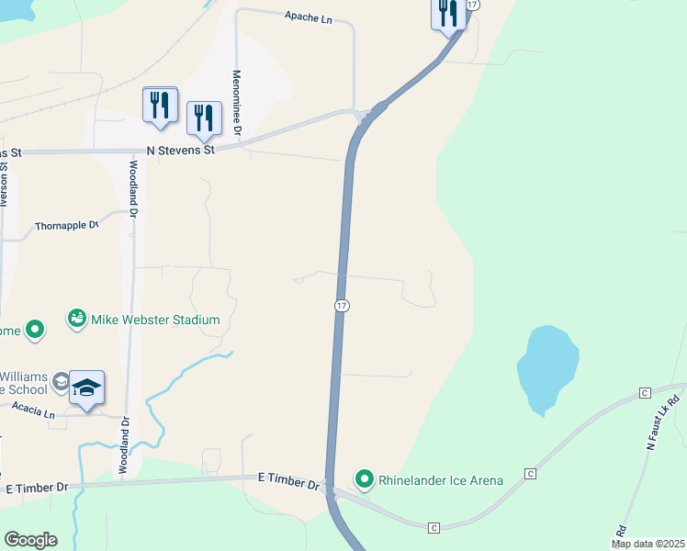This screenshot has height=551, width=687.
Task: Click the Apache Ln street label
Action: click(308, 17)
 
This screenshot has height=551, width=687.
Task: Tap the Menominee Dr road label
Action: click(236, 103)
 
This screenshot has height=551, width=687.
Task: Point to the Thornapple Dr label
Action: click(66, 225)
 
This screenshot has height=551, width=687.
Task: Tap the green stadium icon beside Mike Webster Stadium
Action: click(77, 319)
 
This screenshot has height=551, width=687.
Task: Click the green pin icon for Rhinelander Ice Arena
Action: click(365, 479)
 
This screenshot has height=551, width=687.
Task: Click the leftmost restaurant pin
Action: click(161, 105)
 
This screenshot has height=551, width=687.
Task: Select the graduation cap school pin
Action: click(86, 388)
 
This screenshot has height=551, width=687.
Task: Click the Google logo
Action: click(30, 539)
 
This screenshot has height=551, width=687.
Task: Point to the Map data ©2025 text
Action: click(648, 544)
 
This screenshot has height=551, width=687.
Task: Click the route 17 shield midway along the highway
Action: click(341, 305)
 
